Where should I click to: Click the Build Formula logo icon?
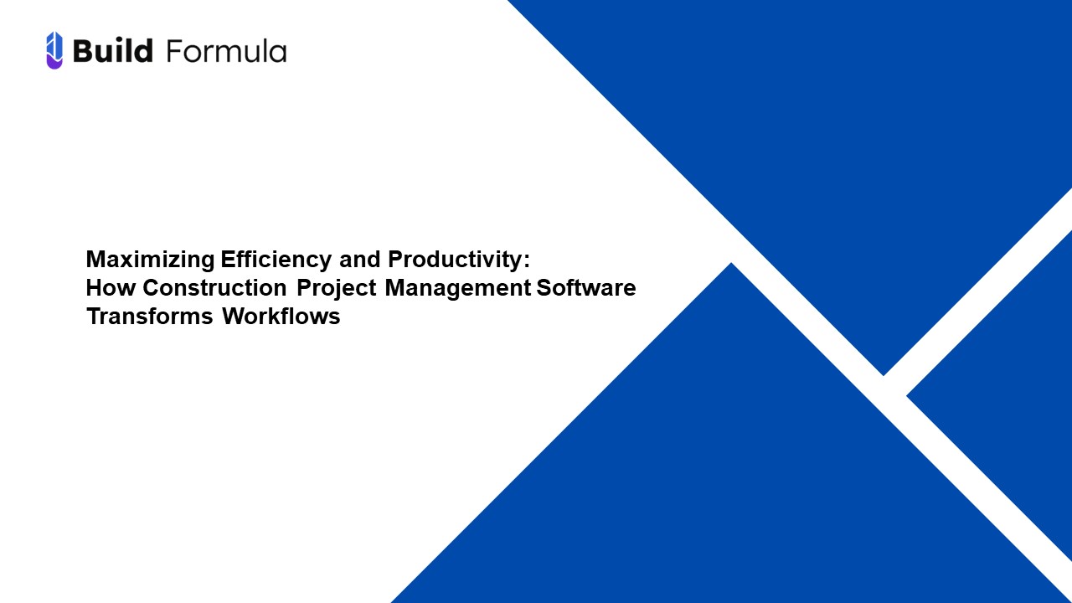coord(54,50)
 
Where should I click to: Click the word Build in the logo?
coord(113,51)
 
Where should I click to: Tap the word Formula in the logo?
coord(226,51)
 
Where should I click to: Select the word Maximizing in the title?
coord(151,260)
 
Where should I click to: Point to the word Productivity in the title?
coord(454,260)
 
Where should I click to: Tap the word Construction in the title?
coord(215,288)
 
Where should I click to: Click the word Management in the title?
coord(458,288)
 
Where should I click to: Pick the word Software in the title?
coord(586,288)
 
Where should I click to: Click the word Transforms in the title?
coord(149,317)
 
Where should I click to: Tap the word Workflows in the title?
coord(281,317)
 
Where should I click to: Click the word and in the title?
coord(359,260)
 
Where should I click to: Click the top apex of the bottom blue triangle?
coord(731,266)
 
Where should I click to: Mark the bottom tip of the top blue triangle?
coord(883,373)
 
